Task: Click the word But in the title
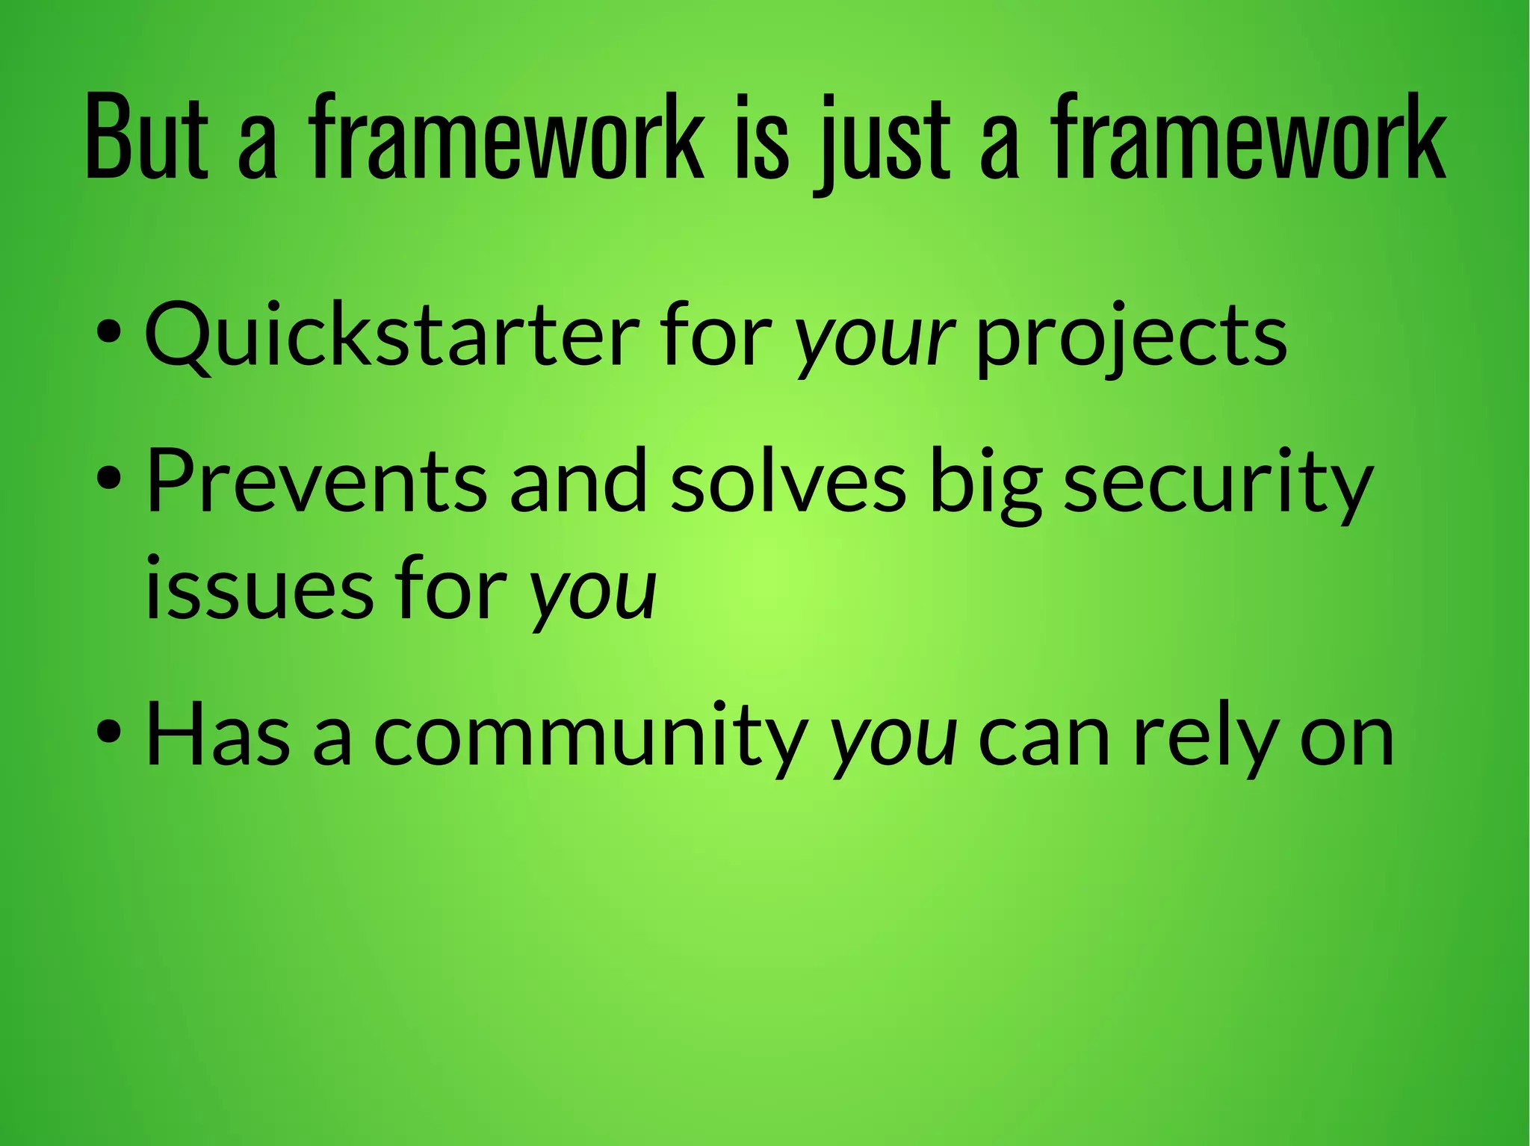pyautogui.click(x=146, y=138)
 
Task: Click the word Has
pyautogui.click(x=217, y=735)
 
